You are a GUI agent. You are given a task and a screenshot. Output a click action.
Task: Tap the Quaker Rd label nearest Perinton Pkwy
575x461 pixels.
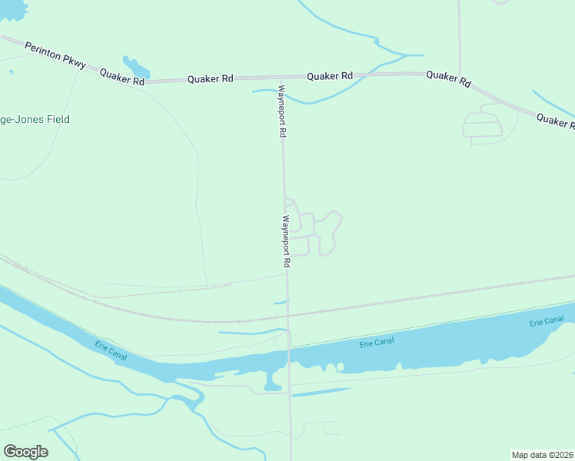(121, 76)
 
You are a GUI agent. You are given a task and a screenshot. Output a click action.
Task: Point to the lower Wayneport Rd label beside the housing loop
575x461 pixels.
(286, 240)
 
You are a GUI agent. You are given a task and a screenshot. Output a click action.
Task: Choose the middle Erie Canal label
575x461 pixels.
(376, 342)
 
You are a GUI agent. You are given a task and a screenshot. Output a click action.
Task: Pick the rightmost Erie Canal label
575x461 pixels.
(547, 321)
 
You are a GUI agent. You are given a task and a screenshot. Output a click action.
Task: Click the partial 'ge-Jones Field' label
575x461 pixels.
(35, 119)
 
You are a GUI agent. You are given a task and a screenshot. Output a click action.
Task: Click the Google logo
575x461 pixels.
(25, 452)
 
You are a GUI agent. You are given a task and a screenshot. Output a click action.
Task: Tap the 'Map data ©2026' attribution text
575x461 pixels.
(542, 454)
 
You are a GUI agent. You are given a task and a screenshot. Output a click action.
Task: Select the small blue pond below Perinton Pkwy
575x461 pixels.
(135, 67)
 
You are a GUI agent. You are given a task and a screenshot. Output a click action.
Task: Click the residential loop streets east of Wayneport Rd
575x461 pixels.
(315, 230)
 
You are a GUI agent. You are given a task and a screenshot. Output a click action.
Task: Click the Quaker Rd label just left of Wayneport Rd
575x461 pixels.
(211, 79)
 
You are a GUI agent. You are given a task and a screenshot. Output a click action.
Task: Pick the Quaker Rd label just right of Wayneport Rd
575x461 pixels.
(330, 76)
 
